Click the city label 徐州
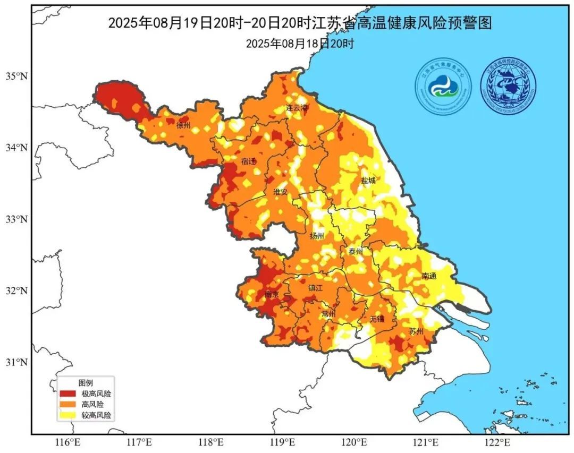[183, 126]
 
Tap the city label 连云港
[297, 107]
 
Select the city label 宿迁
[248, 161]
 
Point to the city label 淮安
[280, 192]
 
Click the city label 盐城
[368, 181]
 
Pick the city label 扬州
[317, 236]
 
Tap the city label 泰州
[355, 251]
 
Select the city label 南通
[429, 276]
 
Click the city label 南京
[272, 294]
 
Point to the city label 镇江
[316, 288]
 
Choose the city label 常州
[328, 314]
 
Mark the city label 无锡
[376, 319]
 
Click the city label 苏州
[416, 331]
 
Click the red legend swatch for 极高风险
[67, 394]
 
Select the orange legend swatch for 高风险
[67, 405]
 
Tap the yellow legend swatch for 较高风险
[67, 415]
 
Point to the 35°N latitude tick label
[16, 76]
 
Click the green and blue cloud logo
[443, 87]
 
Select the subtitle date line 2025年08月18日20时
[299, 44]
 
